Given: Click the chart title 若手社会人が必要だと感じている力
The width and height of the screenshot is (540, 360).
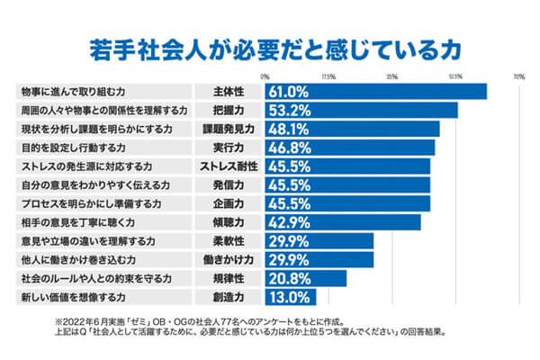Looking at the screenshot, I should tap(270, 46).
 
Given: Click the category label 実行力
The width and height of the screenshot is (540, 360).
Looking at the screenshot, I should tap(229, 148).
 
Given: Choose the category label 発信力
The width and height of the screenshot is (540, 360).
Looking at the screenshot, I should tap(229, 184).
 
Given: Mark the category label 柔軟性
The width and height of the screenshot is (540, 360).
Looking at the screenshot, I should tap(229, 240).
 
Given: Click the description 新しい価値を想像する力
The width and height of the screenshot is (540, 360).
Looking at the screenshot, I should tap(76, 297).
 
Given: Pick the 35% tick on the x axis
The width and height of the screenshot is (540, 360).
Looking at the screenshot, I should tap(391, 76).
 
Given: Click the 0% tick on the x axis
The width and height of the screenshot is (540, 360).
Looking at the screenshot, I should tap(264, 76).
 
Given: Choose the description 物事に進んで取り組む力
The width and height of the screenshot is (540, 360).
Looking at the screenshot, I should tap(76, 91).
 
